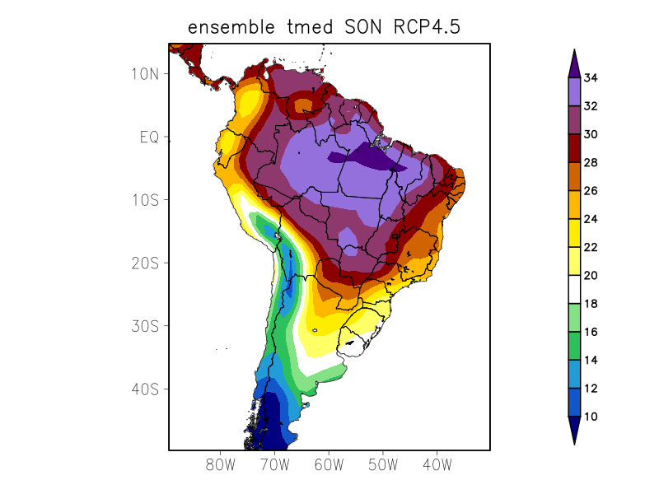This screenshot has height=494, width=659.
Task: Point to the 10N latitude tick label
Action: tap(144, 73)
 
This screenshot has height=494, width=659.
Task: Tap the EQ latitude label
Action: tap(148, 137)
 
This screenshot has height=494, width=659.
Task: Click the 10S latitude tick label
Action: tap(144, 200)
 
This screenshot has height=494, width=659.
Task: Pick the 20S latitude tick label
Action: tap(144, 263)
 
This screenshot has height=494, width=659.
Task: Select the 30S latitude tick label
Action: tap(144, 326)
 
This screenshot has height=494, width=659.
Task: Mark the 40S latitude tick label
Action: tap(144, 389)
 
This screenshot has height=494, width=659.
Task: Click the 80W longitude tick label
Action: tap(221, 464)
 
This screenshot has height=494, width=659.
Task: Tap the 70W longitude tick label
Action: tap(275, 464)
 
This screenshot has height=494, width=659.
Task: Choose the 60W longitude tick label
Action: tap(329, 464)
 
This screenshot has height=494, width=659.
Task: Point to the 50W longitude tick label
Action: tap(383, 464)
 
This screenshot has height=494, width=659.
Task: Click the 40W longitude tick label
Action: tap(437, 464)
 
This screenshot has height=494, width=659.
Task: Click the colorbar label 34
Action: tap(591, 78)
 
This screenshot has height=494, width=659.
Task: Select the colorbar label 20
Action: tap(591, 276)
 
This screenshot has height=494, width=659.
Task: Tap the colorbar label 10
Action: tap(591, 417)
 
